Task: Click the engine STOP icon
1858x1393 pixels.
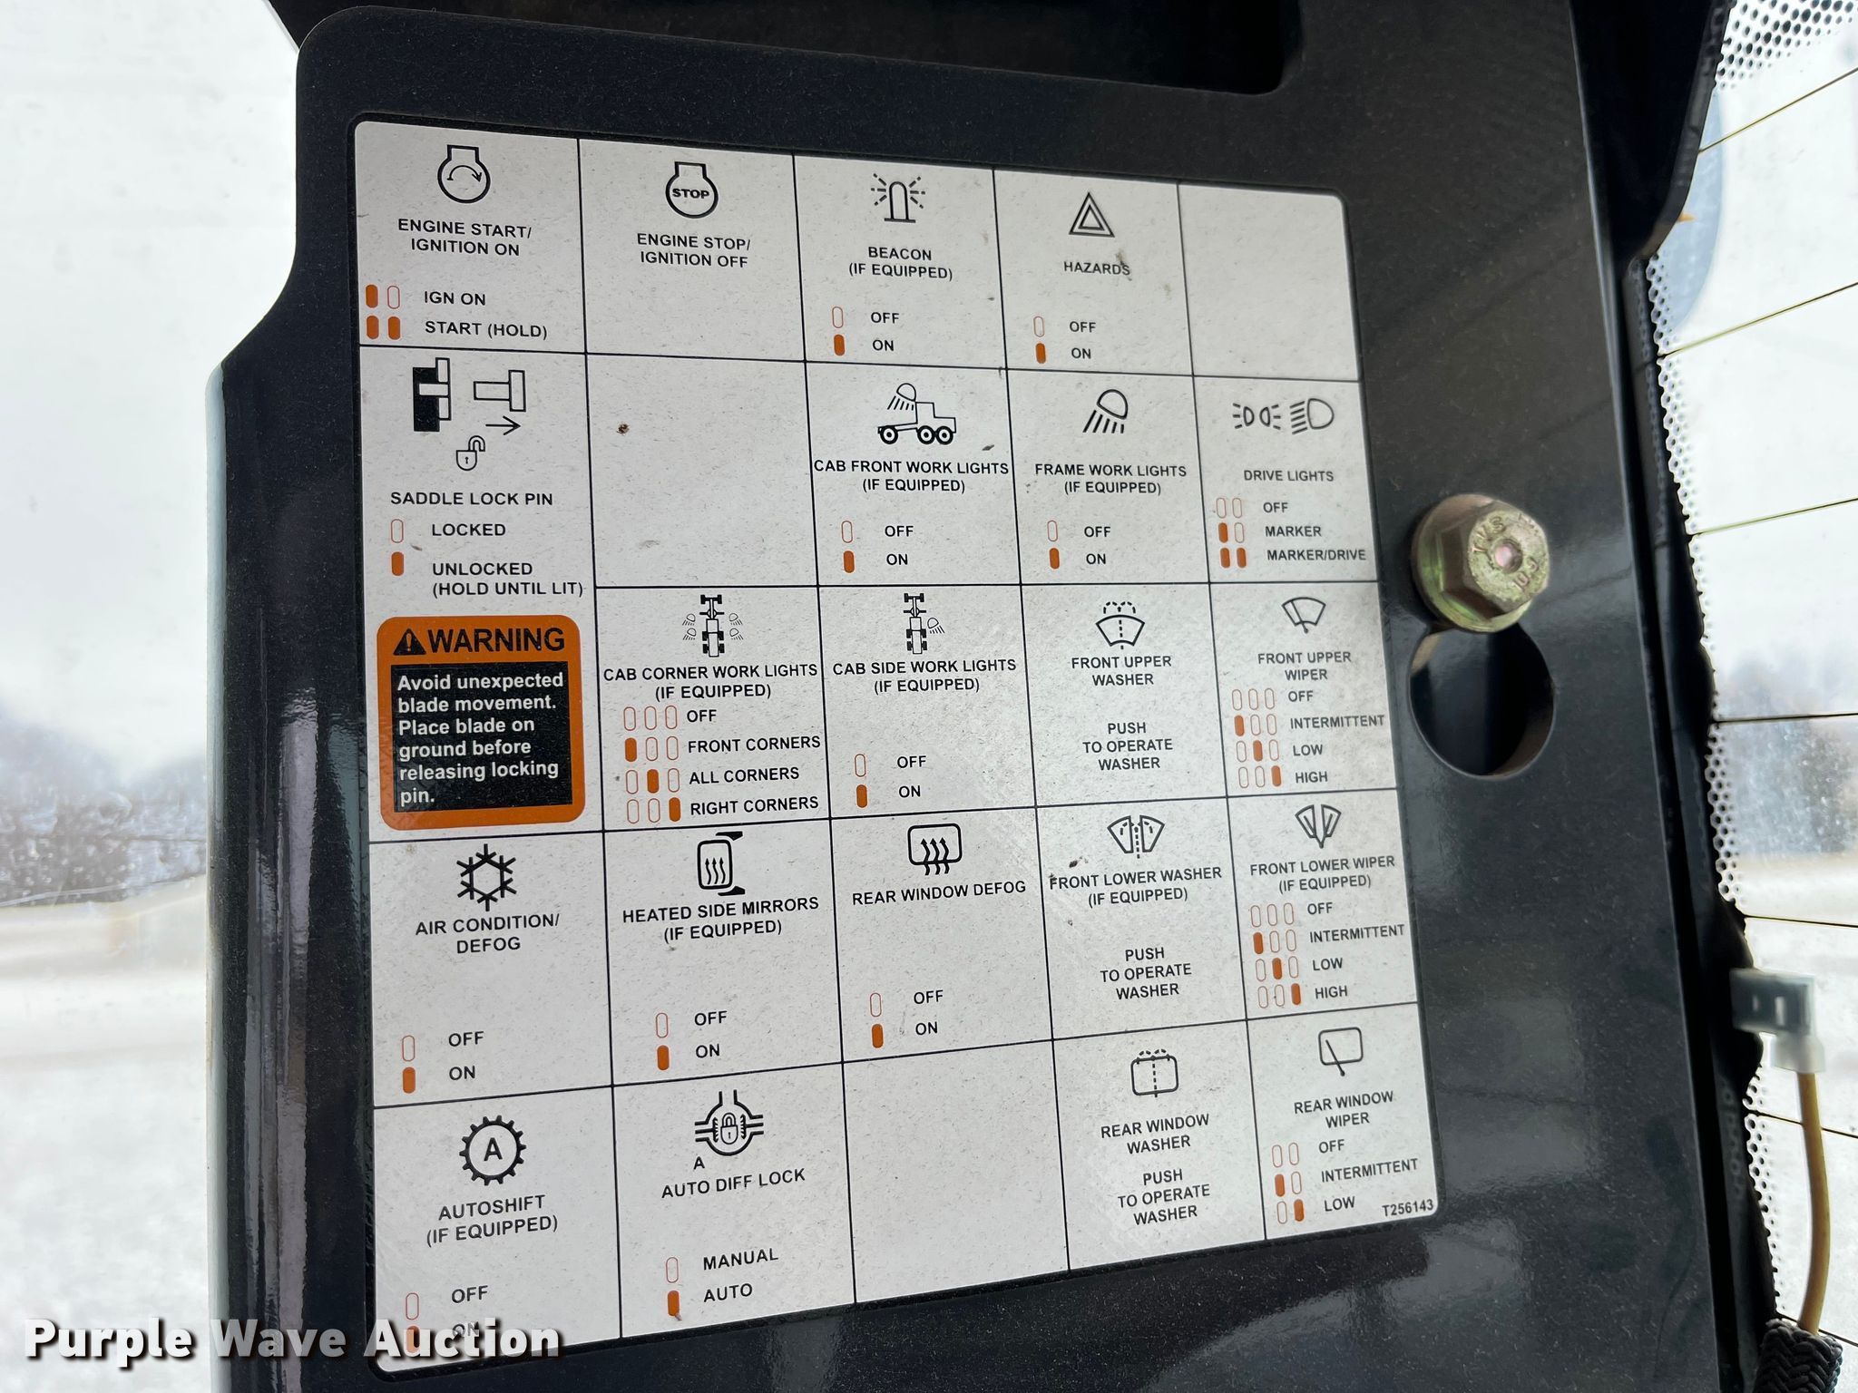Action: tap(690, 192)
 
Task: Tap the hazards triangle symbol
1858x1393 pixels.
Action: tap(1085, 216)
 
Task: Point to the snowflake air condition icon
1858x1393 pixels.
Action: tap(486, 877)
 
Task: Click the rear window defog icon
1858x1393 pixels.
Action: tap(934, 849)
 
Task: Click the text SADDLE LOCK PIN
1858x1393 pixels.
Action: tap(471, 499)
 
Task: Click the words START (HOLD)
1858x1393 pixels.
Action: tap(485, 328)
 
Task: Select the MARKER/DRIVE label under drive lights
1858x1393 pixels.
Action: tap(1315, 554)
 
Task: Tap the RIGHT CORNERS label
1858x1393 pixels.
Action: tap(754, 805)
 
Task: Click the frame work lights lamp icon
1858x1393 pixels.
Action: tap(1105, 411)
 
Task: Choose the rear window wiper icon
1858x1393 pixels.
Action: tap(1340, 1053)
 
